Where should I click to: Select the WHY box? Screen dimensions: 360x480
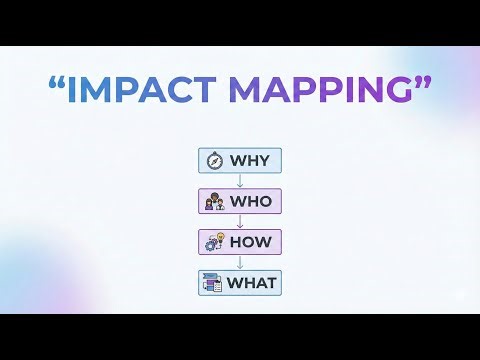tap(240, 160)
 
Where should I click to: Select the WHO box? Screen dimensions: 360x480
tap(240, 201)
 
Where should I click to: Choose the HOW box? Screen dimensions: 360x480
tap(240, 242)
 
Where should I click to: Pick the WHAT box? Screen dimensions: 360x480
tap(240, 283)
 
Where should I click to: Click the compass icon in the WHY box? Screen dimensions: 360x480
tap(213, 160)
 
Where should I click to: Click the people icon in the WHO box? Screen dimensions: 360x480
tap(213, 201)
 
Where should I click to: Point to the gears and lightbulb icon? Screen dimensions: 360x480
tap(213, 242)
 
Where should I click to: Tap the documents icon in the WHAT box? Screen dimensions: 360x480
tap(213, 283)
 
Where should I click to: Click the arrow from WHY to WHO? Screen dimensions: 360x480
tap(240, 181)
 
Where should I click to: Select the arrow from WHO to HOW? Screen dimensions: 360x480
tap(240, 222)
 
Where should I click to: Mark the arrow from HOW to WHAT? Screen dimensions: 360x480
tap(240, 263)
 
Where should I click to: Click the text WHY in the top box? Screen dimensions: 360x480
tap(251, 160)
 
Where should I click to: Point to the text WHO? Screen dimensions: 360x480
tap(251, 201)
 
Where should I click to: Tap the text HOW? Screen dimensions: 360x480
tap(251, 242)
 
